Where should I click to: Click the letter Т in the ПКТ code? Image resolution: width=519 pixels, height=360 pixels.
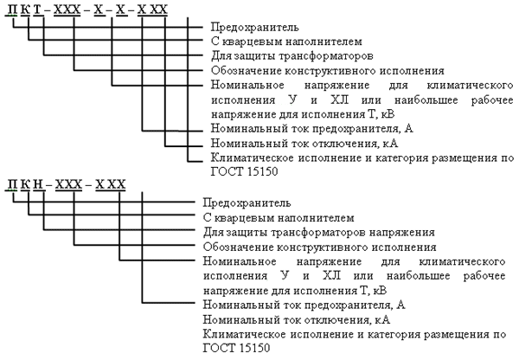pos(37,10)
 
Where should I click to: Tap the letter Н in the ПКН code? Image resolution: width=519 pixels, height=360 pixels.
pos(39,184)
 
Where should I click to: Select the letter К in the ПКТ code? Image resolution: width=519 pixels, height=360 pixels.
pos(25,10)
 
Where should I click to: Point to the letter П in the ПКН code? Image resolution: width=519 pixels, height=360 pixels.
pos(12,184)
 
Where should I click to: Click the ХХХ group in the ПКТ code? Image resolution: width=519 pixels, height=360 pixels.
pos(67,10)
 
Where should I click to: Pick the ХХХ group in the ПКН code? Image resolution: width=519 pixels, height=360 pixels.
pos(68,184)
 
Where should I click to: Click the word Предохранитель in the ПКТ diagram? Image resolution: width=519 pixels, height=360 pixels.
pos(255,27)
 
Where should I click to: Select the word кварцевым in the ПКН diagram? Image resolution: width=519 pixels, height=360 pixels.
pos(244,218)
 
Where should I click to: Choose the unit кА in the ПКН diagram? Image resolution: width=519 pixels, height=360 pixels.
pos(383,320)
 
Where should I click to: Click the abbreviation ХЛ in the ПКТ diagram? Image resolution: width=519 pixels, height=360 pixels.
pos(339,100)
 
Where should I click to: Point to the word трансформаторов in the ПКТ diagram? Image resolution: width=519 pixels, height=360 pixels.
pos(326,56)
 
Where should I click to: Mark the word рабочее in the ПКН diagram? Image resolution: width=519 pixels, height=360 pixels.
pos(484,276)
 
